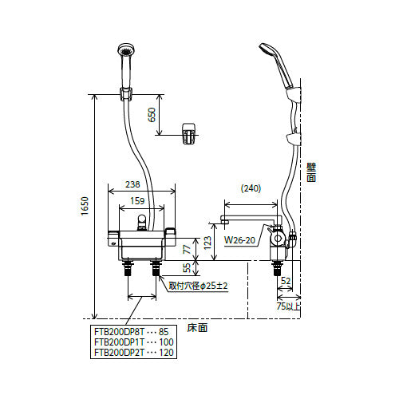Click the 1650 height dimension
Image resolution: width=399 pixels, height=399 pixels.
coord(85,206)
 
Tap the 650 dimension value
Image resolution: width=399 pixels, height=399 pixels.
coord(152,115)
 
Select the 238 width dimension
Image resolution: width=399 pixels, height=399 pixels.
coord(132,184)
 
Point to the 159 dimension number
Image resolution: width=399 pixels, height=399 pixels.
coord(137,201)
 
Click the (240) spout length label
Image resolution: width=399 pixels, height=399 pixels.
coord(251,188)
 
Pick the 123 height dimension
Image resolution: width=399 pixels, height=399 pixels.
coord(207,243)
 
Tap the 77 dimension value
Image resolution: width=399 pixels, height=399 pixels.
coord(188,249)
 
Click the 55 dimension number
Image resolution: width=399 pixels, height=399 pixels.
coord(188,267)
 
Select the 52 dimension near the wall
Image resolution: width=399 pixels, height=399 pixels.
coord(286,281)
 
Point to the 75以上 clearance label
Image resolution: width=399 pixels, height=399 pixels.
coord(288,306)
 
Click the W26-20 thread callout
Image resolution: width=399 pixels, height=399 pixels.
coord(239,240)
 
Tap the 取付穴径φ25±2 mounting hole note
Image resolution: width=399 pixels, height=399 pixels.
coord(198,286)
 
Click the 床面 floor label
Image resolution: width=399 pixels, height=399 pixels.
coord(197,328)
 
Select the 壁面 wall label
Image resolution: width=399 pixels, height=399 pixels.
coord(311,172)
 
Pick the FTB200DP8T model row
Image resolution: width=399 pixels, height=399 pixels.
coord(132,332)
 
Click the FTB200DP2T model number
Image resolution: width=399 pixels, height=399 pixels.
coord(119,353)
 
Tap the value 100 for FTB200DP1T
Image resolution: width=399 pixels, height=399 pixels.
coord(166,342)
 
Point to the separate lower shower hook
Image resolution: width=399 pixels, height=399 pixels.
coord(188,133)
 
